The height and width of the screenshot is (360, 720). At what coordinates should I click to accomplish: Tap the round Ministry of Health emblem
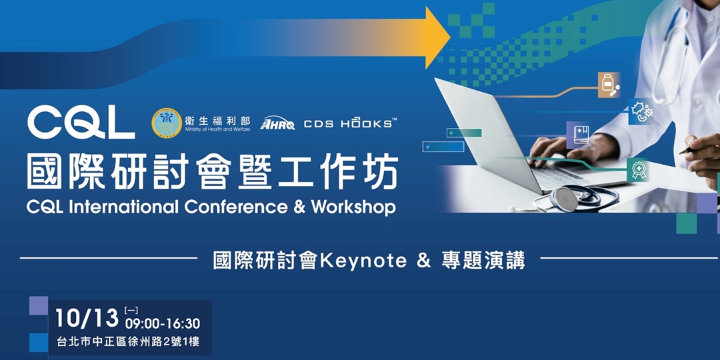point(166,123)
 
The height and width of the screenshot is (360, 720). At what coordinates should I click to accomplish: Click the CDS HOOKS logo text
point(350,123)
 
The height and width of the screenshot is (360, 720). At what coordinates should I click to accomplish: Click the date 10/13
point(86,319)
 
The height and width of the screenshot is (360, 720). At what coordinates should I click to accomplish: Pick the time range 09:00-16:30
point(162,324)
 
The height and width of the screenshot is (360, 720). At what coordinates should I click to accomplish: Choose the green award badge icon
point(639,170)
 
